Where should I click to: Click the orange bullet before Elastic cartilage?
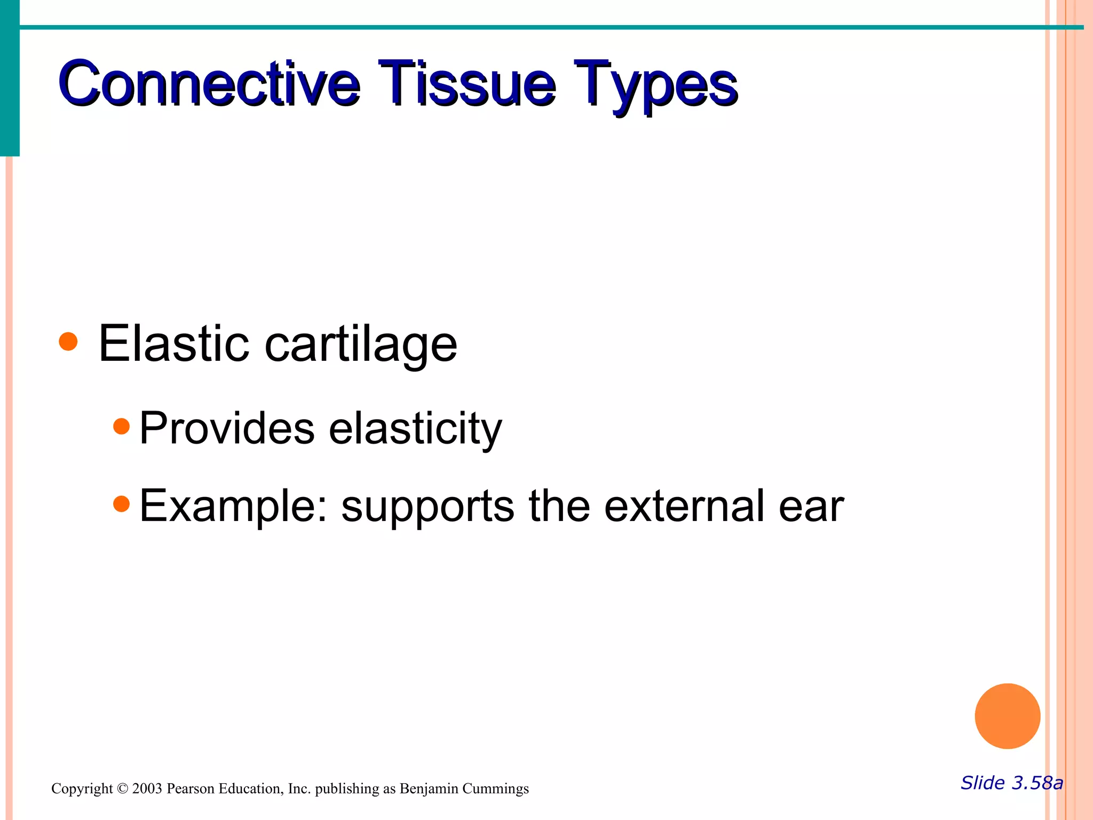tap(68, 341)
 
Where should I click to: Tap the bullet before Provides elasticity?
tap(122, 426)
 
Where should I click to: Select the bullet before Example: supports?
tap(122, 503)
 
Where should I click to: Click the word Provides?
tap(227, 428)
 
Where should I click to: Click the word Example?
tap(233, 506)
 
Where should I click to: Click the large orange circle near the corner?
tap(1007, 716)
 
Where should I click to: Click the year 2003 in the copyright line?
tap(147, 789)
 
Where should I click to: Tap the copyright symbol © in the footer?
tap(123, 789)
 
